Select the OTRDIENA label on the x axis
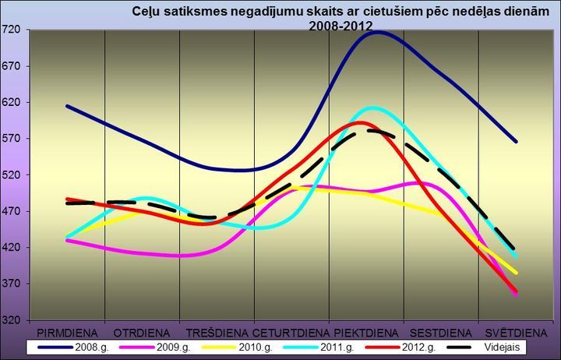point(143,331)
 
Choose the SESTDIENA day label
point(440,331)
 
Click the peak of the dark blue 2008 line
point(377,32)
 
